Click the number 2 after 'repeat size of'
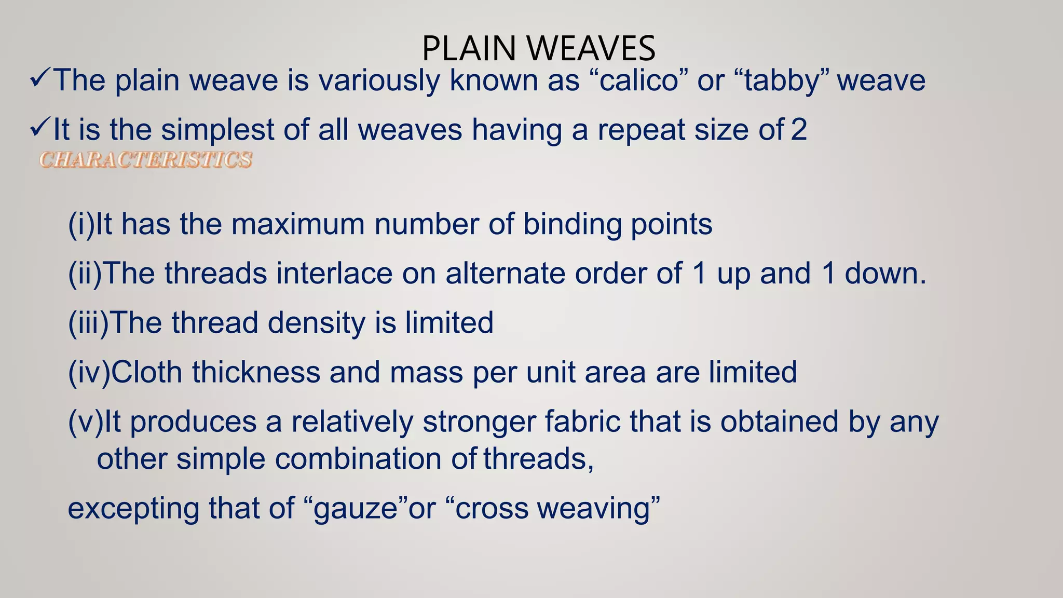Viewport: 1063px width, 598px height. point(799,130)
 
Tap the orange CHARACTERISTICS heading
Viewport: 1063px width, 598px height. point(146,160)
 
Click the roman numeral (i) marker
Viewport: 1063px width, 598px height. point(81,225)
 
